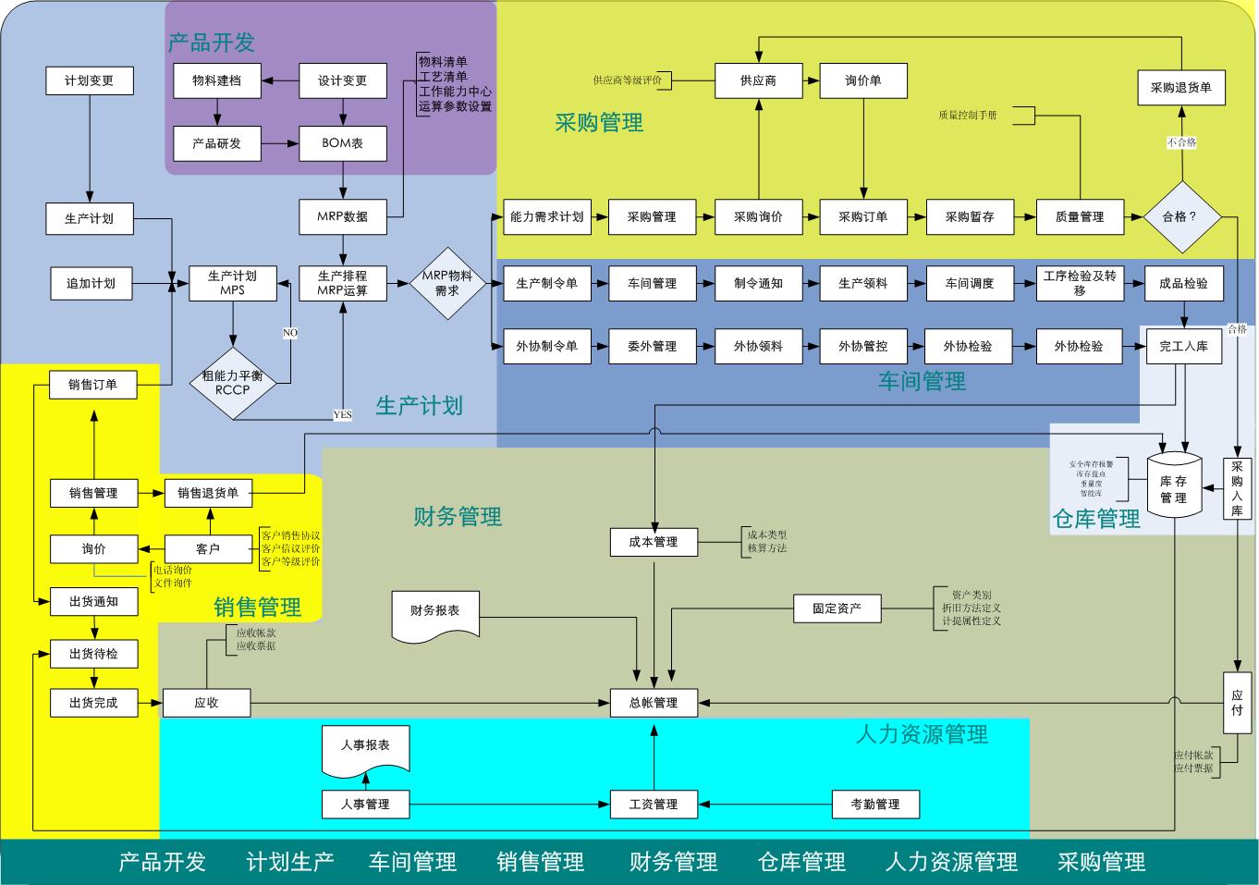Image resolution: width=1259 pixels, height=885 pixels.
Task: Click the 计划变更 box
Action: coord(90,81)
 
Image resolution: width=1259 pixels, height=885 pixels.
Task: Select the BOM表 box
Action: coord(342,143)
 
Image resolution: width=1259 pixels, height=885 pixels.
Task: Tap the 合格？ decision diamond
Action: coord(1180,216)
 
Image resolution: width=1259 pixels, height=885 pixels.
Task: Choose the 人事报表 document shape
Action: coord(365,747)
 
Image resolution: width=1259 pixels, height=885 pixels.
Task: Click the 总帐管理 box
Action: coord(654,703)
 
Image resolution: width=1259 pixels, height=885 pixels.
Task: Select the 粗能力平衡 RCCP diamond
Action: coord(232,382)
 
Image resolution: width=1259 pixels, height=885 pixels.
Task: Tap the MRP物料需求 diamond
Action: coord(446,283)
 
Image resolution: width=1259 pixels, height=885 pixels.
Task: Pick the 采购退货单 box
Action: coord(1180,88)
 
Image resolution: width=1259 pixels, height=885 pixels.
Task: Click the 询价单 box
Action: coord(862,81)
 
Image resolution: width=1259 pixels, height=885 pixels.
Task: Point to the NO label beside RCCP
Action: coord(290,333)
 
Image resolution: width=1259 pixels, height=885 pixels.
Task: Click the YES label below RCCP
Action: coord(342,415)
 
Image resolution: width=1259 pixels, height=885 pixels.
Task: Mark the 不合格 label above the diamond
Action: coord(1181,142)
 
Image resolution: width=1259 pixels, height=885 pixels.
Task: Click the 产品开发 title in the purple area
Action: coord(211,43)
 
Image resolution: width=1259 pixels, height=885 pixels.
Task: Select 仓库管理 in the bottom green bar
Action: coord(801,862)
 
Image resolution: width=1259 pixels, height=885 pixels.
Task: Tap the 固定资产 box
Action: coord(837,608)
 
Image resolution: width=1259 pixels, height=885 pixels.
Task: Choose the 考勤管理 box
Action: coord(874,805)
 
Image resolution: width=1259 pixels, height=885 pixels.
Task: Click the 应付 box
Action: coord(1237,703)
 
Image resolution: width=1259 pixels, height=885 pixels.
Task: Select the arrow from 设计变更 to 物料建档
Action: coord(280,81)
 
